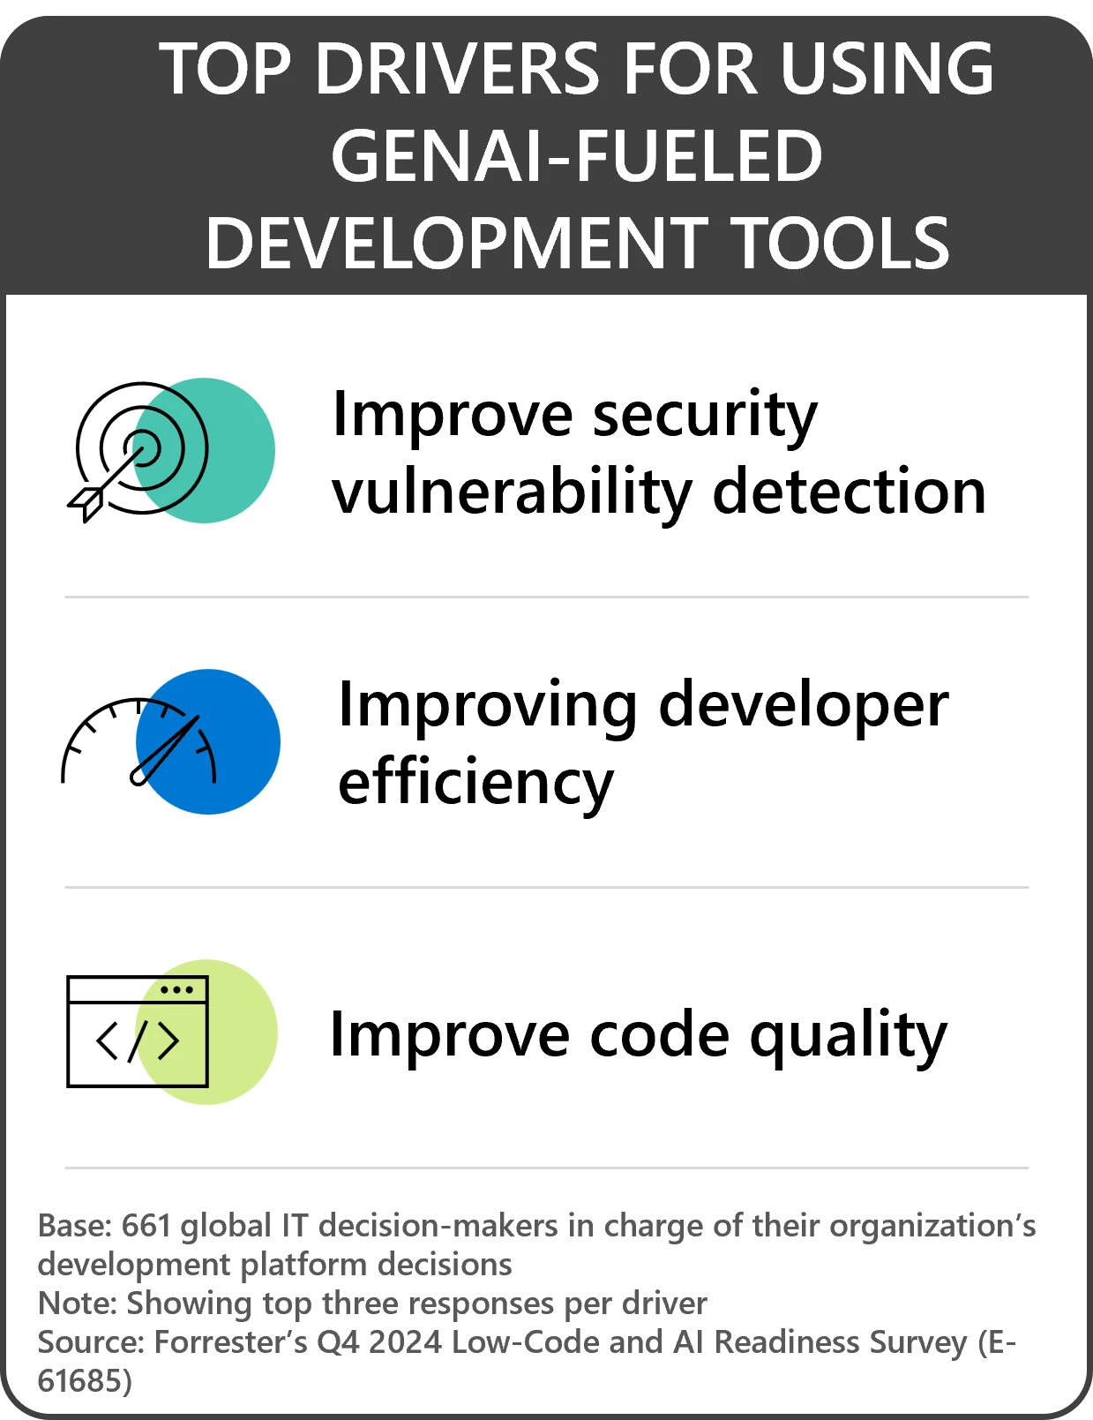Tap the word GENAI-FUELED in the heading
(577, 156)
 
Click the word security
(705, 415)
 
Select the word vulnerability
(513, 492)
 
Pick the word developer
(803, 705)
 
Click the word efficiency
(475, 783)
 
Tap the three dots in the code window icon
(177, 989)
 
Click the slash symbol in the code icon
(138, 1041)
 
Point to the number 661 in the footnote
(146, 1226)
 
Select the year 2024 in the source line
(405, 1342)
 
